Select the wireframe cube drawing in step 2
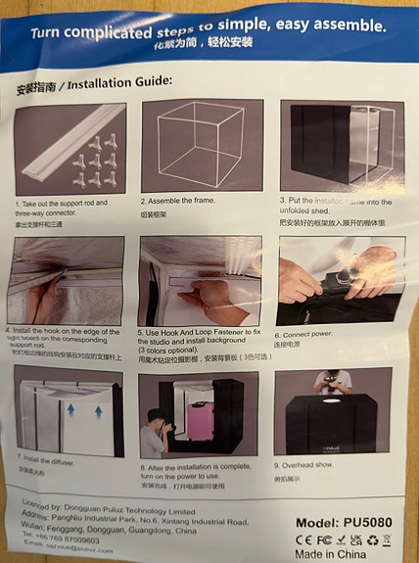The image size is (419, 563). pyautogui.click(x=201, y=148)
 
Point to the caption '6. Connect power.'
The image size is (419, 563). pyautogui.click(x=309, y=334)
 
